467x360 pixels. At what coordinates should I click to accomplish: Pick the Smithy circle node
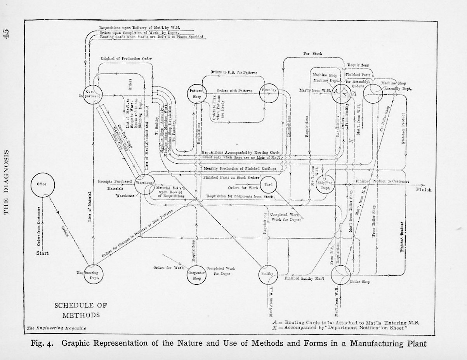coord(268,274)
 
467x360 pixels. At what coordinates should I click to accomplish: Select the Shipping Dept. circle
coord(325,184)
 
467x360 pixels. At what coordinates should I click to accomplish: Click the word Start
coord(42,254)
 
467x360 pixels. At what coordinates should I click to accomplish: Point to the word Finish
coord(424,190)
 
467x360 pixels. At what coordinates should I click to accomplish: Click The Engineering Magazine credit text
coord(56,328)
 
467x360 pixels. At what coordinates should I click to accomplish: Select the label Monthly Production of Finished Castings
coord(240,168)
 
